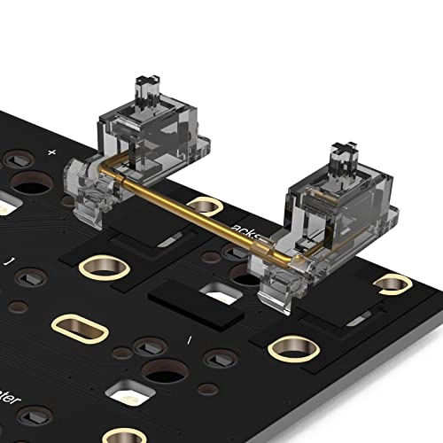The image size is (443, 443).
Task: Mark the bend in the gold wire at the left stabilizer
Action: point(107,167)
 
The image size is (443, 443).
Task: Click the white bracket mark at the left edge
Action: point(9,261)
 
